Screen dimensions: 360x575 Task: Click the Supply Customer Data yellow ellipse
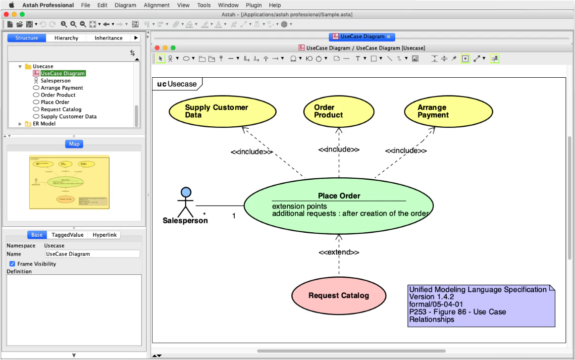pyautogui.click(x=222, y=111)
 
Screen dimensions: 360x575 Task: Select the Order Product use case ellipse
pyautogui.click(x=338, y=111)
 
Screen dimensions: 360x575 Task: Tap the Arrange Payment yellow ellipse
pyautogui.click(x=448, y=111)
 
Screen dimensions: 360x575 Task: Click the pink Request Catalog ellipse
pyautogui.click(x=338, y=296)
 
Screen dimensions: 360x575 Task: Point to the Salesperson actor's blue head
pyautogui.click(x=186, y=192)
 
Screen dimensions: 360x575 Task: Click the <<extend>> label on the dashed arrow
pyautogui.click(x=339, y=252)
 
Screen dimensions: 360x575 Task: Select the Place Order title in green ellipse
pyautogui.click(x=339, y=196)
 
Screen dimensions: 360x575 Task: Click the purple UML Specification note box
pyautogui.click(x=480, y=305)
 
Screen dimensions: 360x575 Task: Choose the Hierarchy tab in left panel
pyautogui.click(x=66, y=38)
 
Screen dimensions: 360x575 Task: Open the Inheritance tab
pyautogui.click(x=108, y=38)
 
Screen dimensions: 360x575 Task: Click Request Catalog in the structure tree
pyautogui.click(x=61, y=109)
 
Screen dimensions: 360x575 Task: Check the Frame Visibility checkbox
pyautogui.click(x=12, y=264)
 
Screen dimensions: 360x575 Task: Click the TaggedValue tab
pyautogui.click(x=67, y=235)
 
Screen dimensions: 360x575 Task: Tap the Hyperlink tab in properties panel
pyautogui.click(x=105, y=235)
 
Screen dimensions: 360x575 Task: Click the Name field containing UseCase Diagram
pyautogui.click(x=92, y=254)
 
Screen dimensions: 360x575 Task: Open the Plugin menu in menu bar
pyautogui.click(x=254, y=5)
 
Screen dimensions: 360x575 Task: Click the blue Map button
pyautogui.click(x=74, y=144)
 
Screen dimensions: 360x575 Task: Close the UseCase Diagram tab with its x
pyautogui.click(x=389, y=37)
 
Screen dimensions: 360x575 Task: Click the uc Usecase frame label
pyautogui.click(x=177, y=84)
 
